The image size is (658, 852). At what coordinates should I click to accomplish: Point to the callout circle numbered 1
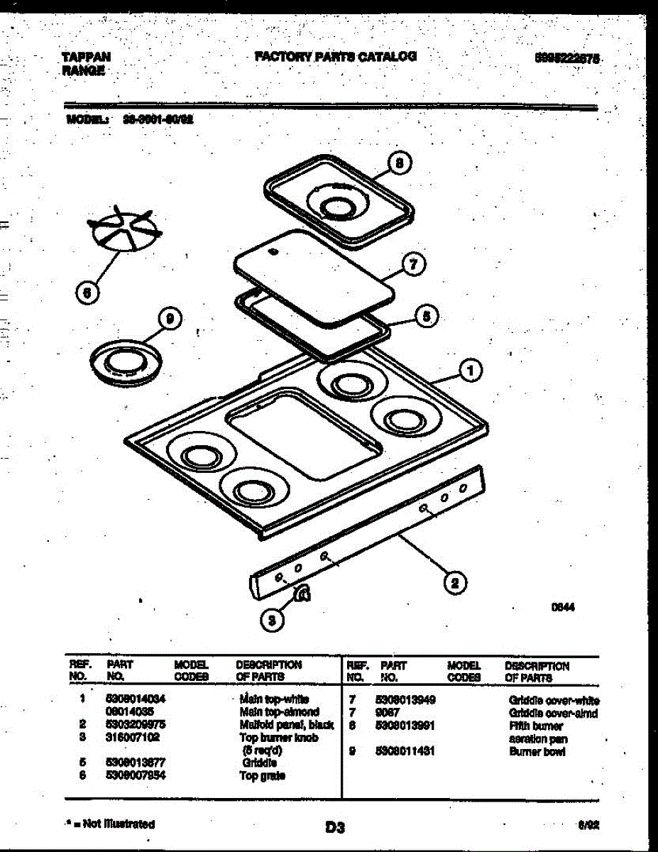(x=470, y=369)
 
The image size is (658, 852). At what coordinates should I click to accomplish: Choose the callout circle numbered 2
(x=454, y=584)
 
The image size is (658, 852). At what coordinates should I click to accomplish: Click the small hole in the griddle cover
(x=273, y=251)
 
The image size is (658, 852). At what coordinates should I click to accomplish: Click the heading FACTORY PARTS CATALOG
(x=335, y=57)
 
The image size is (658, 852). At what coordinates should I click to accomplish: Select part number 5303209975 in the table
(x=136, y=724)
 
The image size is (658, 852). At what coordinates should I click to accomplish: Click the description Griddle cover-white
(x=554, y=700)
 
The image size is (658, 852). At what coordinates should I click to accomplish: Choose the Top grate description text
(x=263, y=776)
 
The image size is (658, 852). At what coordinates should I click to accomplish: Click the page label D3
(x=335, y=827)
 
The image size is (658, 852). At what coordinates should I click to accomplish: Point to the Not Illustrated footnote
(x=111, y=824)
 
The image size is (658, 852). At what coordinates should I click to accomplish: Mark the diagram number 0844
(x=563, y=608)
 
